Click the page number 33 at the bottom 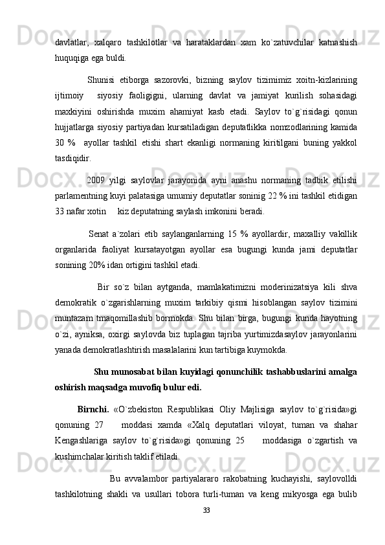206,511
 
